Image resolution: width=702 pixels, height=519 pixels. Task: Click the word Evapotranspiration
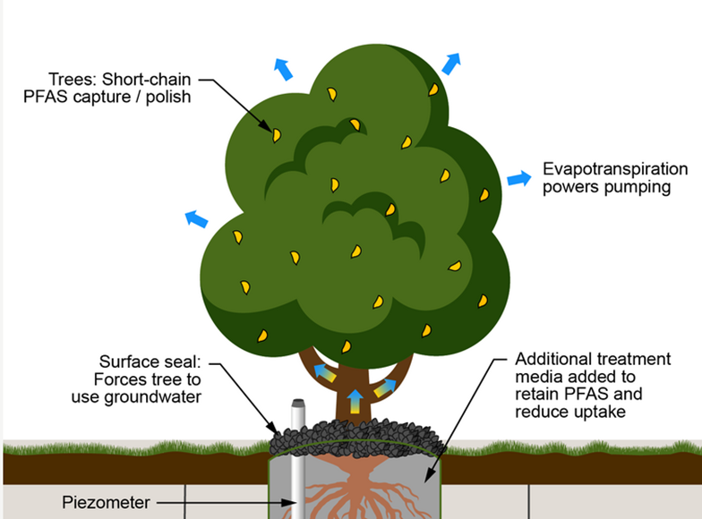(x=615, y=169)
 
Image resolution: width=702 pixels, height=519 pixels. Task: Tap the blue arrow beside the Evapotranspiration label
(x=519, y=178)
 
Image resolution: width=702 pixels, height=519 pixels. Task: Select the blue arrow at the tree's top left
(x=283, y=68)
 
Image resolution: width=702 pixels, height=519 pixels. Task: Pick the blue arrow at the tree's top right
(x=451, y=63)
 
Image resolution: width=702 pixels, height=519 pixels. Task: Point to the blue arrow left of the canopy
(x=196, y=218)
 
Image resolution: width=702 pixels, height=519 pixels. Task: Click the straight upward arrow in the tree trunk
(x=355, y=398)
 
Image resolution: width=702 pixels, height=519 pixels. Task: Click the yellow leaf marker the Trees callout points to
(x=277, y=135)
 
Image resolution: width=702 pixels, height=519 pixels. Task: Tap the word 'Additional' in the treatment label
(x=550, y=360)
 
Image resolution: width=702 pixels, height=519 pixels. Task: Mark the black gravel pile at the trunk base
(x=358, y=437)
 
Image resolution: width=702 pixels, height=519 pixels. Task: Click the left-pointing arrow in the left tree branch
(x=325, y=375)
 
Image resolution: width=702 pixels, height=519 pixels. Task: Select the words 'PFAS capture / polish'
(x=107, y=97)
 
